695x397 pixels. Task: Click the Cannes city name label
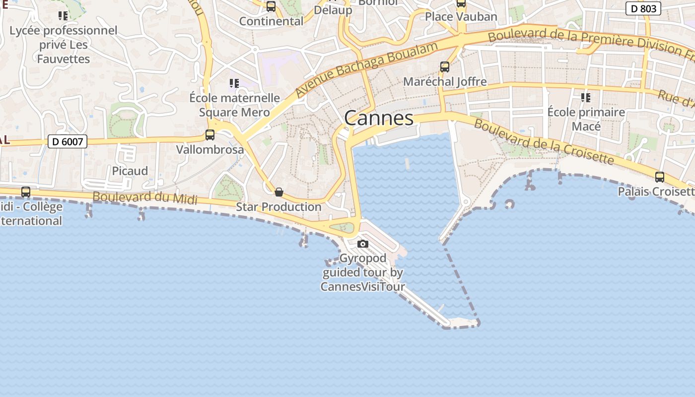(x=378, y=118)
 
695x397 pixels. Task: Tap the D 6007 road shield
(x=68, y=142)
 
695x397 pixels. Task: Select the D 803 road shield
(x=643, y=8)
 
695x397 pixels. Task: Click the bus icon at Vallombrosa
(x=210, y=135)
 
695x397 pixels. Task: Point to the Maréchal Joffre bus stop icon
(x=445, y=67)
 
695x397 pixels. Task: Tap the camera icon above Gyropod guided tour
(x=363, y=244)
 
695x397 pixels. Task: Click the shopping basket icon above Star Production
(x=279, y=192)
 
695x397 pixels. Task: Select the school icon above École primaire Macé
(x=586, y=98)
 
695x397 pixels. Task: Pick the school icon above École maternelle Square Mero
(x=234, y=83)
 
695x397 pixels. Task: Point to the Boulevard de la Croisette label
(x=544, y=141)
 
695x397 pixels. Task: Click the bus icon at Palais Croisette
(x=660, y=177)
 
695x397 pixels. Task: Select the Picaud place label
(x=130, y=171)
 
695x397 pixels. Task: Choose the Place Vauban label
(x=461, y=17)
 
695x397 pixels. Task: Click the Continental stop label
(x=271, y=21)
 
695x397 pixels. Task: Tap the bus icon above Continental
(x=271, y=6)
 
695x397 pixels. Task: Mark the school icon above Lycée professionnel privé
(x=63, y=16)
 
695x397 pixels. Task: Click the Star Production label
(x=278, y=206)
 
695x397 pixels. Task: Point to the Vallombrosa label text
(x=210, y=149)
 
